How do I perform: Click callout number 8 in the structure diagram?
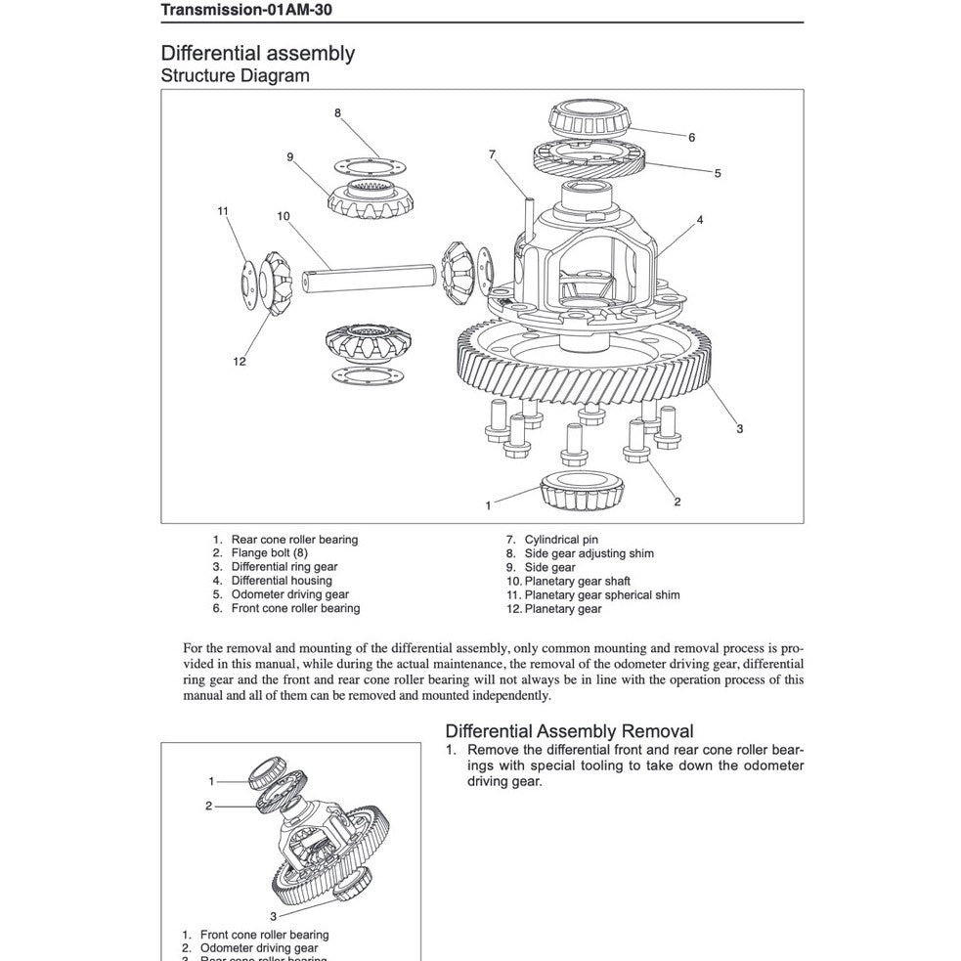pyautogui.click(x=337, y=112)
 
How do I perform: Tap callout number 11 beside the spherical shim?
pyautogui.click(x=223, y=210)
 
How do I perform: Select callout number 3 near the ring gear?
pyautogui.click(x=740, y=428)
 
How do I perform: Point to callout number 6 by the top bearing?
pyautogui.click(x=691, y=138)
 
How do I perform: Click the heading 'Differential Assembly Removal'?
pyautogui.click(x=569, y=731)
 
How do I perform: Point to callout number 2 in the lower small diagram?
pyautogui.click(x=208, y=807)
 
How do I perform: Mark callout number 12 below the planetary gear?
pyautogui.click(x=240, y=362)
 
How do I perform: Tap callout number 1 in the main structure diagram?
pyautogui.click(x=488, y=505)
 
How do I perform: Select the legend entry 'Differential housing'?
pyautogui.click(x=282, y=581)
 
